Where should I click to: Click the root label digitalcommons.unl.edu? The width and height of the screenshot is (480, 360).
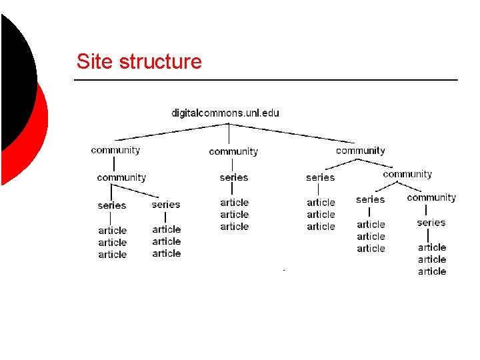click(225, 113)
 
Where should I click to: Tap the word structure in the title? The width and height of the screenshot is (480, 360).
click(159, 62)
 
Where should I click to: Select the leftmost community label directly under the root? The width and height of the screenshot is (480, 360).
click(115, 150)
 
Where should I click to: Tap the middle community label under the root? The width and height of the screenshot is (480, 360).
click(233, 151)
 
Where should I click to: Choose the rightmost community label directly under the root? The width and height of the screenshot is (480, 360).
click(361, 151)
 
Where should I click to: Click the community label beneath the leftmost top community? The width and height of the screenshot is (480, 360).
click(121, 177)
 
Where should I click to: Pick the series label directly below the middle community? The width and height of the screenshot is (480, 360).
click(233, 177)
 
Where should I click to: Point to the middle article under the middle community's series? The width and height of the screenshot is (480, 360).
click(235, 215)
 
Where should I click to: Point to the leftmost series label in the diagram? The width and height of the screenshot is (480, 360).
click(112, 205)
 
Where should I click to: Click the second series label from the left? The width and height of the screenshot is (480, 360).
click(166, 204)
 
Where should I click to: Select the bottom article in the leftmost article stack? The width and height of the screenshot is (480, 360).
click(113, 255)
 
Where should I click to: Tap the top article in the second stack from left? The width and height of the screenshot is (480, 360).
click(167, 229)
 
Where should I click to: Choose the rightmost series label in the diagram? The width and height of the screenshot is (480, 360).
click(431, 222)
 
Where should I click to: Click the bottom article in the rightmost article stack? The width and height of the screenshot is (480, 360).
click(432, 271)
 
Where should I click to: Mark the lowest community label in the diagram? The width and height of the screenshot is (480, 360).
click(431, 197)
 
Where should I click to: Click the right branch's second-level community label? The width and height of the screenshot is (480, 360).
click(407, 174)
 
